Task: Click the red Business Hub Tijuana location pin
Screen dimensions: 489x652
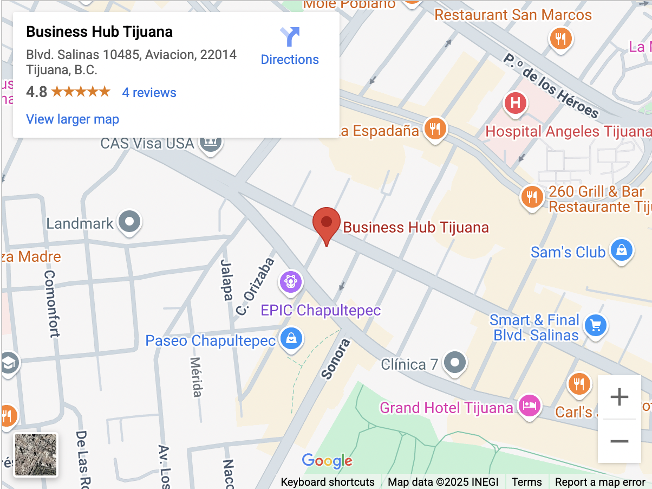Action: (327, 223)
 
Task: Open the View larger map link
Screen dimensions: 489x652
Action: (73, 119)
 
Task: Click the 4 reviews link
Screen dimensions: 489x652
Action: (149, 93)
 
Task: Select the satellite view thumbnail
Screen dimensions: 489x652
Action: (36, 455)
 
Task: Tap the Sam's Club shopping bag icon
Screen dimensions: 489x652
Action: (621, 250)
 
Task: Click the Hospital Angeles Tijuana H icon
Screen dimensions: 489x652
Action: (515, 102)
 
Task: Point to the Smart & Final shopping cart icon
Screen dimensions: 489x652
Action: (596, 325)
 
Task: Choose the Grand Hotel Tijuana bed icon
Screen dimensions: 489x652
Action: (529, 406)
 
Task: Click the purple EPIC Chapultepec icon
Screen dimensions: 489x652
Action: (291, 281)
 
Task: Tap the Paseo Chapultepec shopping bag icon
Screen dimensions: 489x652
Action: (292, 339)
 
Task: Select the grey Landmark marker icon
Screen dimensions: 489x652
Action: (129, 222)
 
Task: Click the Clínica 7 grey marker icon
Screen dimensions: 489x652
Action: (455, 363)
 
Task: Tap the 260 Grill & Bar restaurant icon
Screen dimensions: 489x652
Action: (532, 196)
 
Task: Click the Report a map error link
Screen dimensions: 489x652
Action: (600, 482)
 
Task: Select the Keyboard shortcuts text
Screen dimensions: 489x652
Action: (328, 482)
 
